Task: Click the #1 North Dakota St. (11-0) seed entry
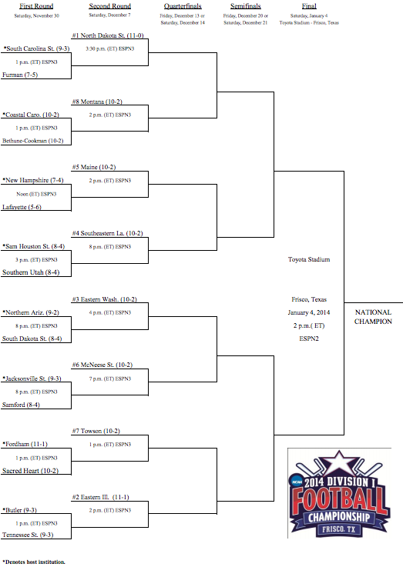pyautogui.click(x=108, y=35)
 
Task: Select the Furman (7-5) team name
pyautogui.click(x=20, y=75)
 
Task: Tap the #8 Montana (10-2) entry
pyautogui.click(x=97, y=102)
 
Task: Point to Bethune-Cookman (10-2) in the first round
pyautogui.click(x=32, y=141)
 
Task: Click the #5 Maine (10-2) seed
pyautogui.click(x=94, y=167)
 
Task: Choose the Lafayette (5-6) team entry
pyautogui.click(x=22, y=207)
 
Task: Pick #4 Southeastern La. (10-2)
pyautogui.click(x=108, y=233)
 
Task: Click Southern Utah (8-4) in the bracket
pyautogui.click(x=31, y=272)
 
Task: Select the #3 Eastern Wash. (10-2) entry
pyautogui.click(x=104, y=299)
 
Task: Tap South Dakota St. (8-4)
pyautogui.click(x=32, y=339)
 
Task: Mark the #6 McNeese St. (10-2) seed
pyautogui.click(x=102, y=365)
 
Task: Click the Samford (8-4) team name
pyautogui.click(x=21, y=405)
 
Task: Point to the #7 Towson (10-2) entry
pyautogui.click(x=96, y=431)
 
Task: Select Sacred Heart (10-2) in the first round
pyautogui.click(x=30, y=471)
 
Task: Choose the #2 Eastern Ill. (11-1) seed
pyautogui.click(x=100, y=497)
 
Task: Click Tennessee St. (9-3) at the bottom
pyautogui.click(x=28, y=535)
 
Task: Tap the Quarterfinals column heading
pyautogui.click(x=183, y=6)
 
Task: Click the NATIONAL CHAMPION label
pyautogui.click(x=373, y=317)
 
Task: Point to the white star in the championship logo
pyautogui.click(x=339, y=463)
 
